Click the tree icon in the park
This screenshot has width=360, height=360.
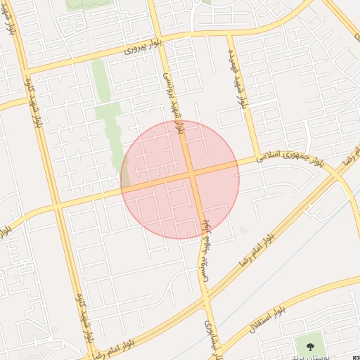307,345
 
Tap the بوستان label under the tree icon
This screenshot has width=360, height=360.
307,356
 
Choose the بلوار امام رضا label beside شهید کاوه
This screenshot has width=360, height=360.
106,349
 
